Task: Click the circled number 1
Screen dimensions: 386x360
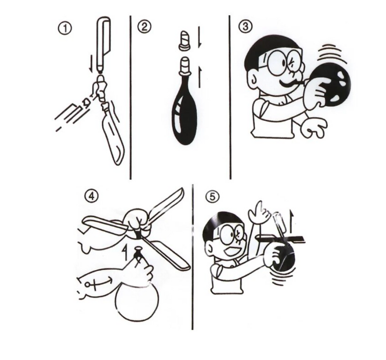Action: coord(65,29)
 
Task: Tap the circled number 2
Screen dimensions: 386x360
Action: coord(144,27)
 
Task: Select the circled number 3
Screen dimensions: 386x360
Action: coord(246,27)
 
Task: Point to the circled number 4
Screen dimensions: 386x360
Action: coord(91,197)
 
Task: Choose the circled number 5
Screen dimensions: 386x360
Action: coord(212,197)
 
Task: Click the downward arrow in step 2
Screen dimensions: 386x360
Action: coord(200,37)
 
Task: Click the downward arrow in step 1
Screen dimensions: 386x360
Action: coord(91,64)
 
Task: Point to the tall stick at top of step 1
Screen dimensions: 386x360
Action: coord(104,44)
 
